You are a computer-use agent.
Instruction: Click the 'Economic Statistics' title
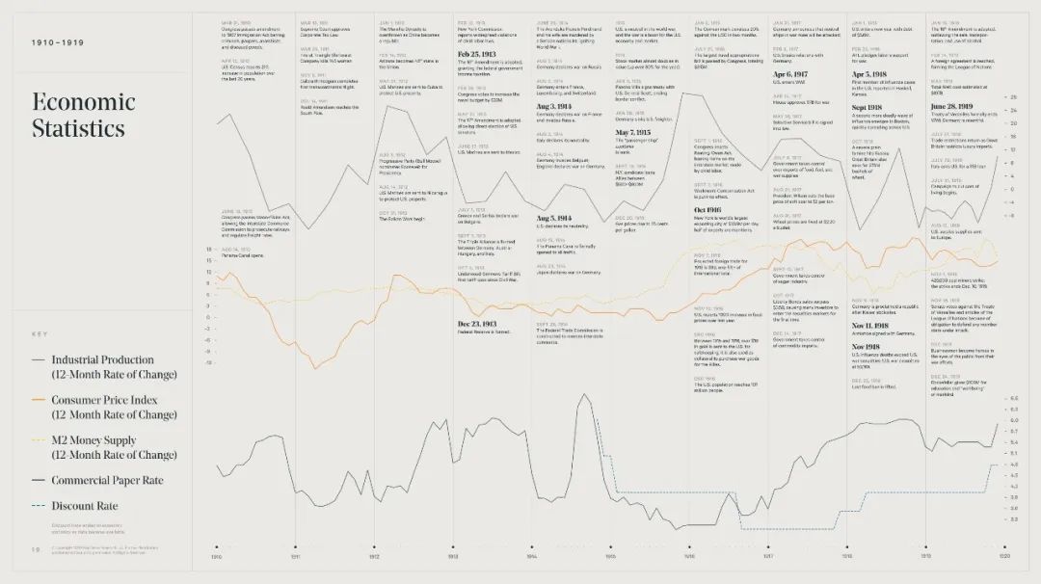pyautogui.click(x=84, y=115)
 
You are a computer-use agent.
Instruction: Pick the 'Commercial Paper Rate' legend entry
pyautogui.click(x=107, y=480)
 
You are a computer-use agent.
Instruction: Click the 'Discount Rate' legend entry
pyautogui.click(x=85, y=505)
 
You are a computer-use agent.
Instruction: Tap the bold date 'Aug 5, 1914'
pyautogui.click(x=559, y=218)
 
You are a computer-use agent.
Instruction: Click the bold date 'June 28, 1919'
pyautogui.click(x=957, y=106)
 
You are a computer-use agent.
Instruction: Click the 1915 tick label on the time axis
pyautogui.click(x=611, y=557)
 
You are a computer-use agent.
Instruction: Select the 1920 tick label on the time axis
pyautogui.click(x=1003, y=557)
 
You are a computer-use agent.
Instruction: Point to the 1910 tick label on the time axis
pyautogui.click(x=217, y=557)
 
